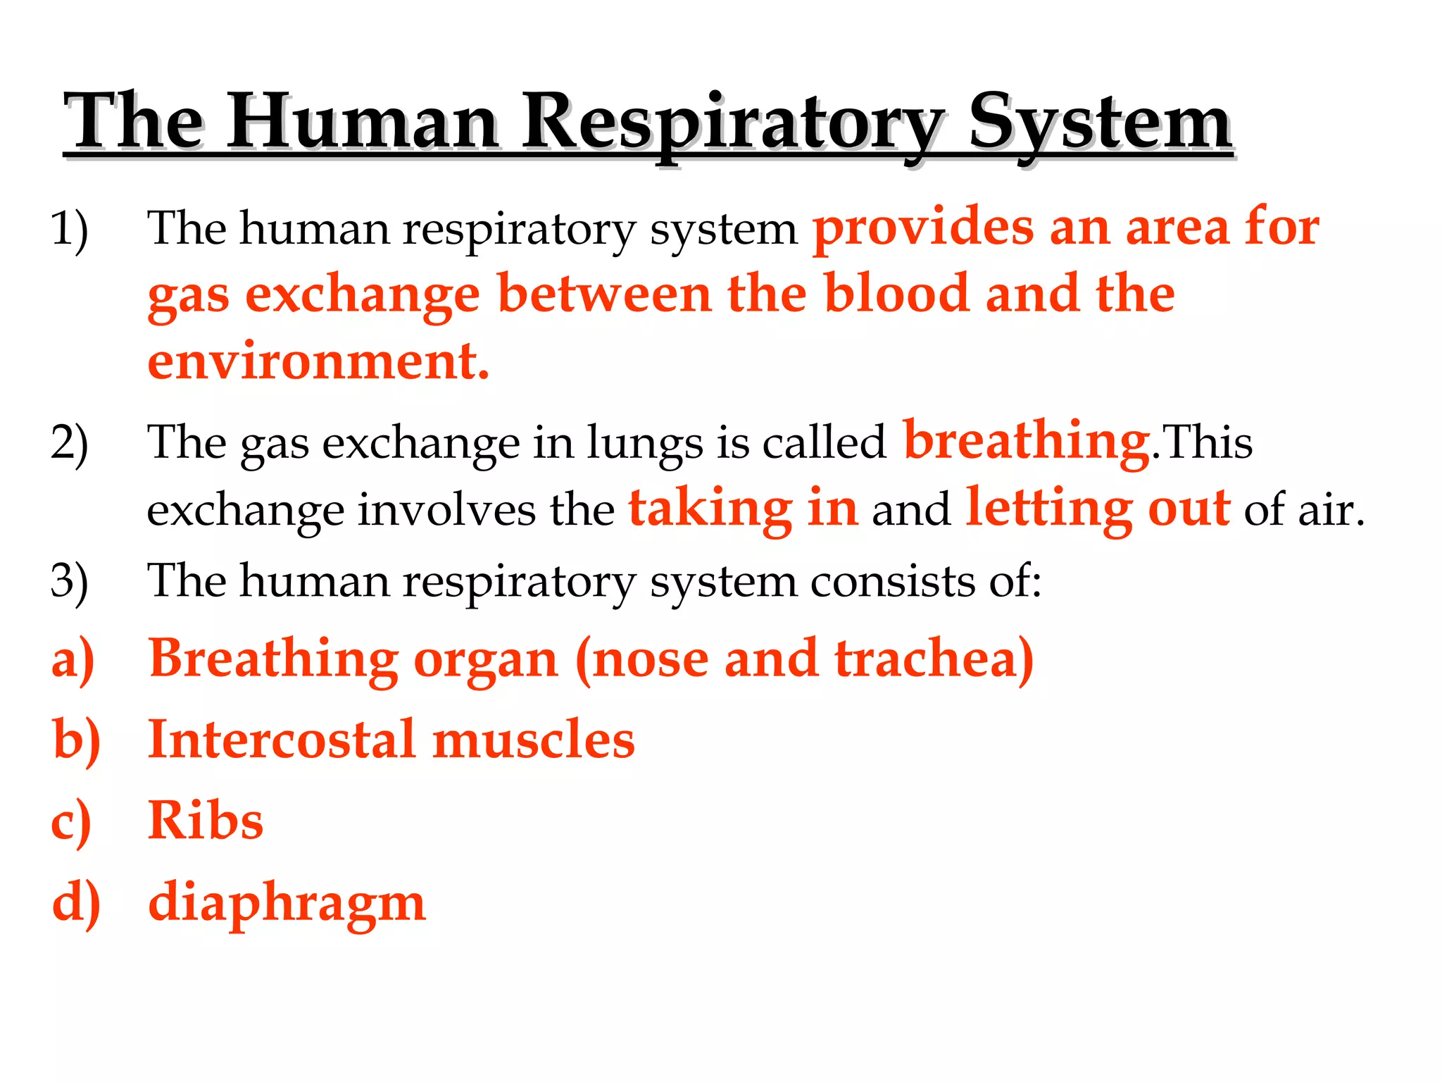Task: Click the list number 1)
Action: pyautogui.click(x=69, y=230)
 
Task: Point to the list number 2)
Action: pyautogui.click(x=69, y=444)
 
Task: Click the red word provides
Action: pyautogui.click(x=923, y=230)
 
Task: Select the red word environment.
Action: pyautogui.click(x=318, y=361)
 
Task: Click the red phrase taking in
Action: pyautogui.click(x=743, y=509)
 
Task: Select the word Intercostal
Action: pyautogui.click(x=282, y=740)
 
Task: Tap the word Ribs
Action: pyautogui.click(x=206, y=821)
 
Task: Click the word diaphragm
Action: pyautogui.click(x=287, y=904)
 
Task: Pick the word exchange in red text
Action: pyautogui.click(x=362, y=294)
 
